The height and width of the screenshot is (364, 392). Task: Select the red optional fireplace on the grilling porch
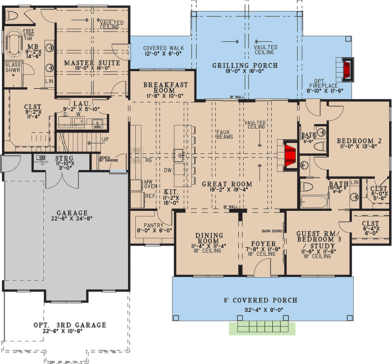tap(348, 70)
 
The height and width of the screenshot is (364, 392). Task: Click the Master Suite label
tap(92, 62)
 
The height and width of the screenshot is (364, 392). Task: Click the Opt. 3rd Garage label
tap(70, 325)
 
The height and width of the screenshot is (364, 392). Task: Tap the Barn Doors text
tap(272, 231)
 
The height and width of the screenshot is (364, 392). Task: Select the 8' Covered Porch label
tap(261, 300)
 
